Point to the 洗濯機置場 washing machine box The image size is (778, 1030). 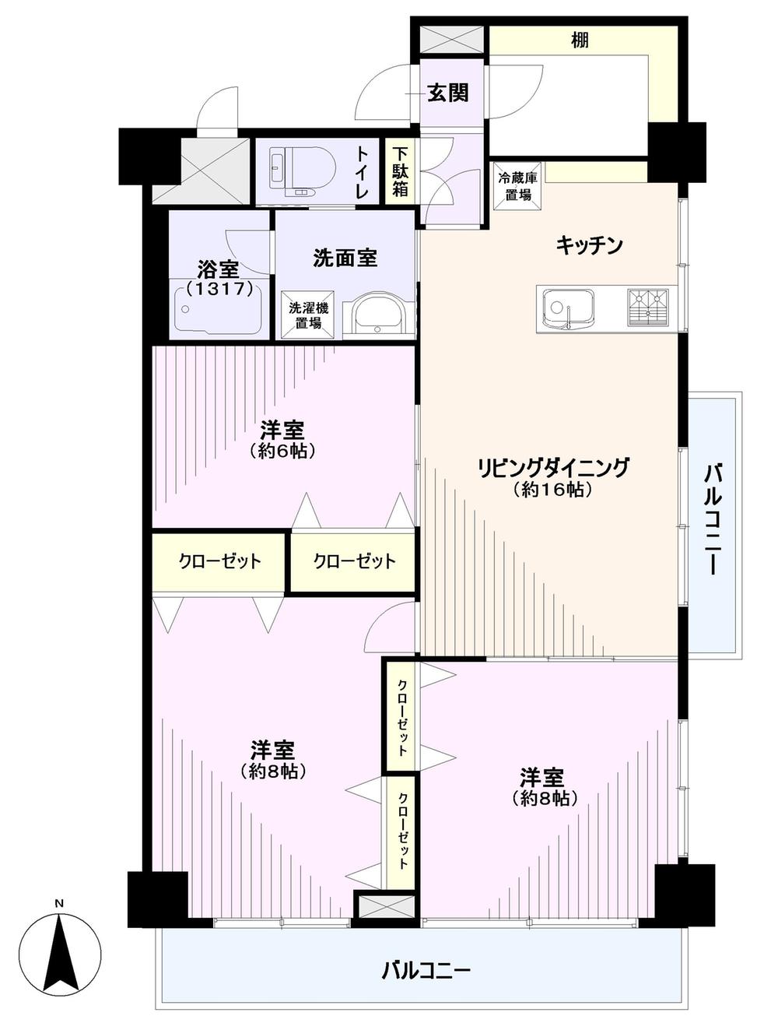coord(309,315)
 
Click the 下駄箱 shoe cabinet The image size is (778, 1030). coord(400,171)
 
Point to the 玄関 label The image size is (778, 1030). coord(447,93)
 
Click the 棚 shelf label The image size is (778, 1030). coord(580,40)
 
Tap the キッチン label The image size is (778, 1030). coord(589,245)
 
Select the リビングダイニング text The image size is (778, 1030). coord(552,467)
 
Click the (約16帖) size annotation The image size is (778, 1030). coord(552,490)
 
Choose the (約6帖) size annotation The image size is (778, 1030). coord(282,451)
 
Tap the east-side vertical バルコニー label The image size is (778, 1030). coord(713,519)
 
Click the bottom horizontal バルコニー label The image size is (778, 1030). coord(426,970)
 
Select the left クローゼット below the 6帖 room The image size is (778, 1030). coord(219,561)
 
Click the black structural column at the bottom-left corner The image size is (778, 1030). coord(157,898)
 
